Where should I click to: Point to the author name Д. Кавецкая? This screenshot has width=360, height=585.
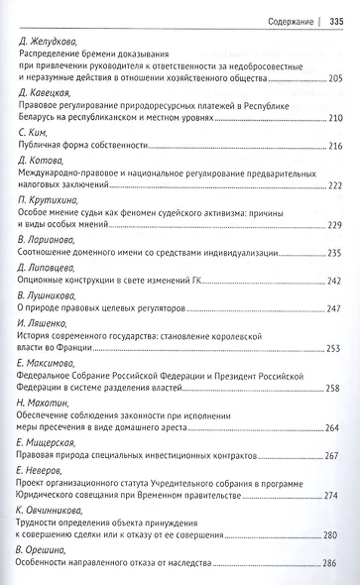coord(48,92)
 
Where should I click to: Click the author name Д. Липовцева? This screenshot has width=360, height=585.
coord(51,267)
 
